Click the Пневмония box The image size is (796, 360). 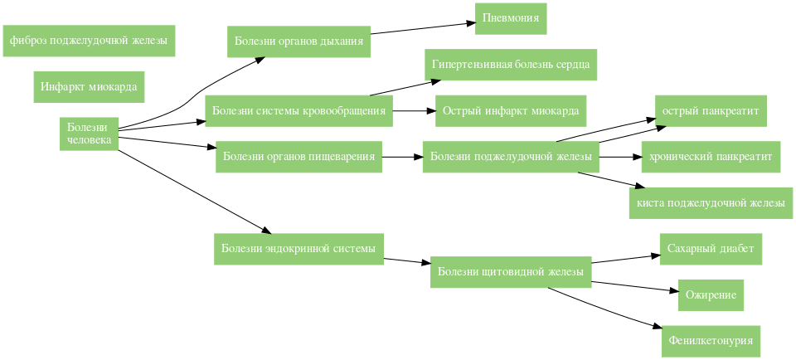[x=511, y=18]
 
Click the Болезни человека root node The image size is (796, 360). [x=88, y=134]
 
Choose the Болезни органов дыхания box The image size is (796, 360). [x=298, y=41]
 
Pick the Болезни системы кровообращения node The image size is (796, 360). [x=298, y=110]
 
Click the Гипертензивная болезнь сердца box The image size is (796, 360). [x=510, y=65]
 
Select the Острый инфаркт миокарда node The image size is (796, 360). [x=510, y=110]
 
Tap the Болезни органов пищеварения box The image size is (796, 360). [x=298, y=156]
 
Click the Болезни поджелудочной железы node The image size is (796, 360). [x=510, y=157]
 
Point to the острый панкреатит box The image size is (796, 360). [x=711, y=110]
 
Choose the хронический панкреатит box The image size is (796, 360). [x=711, y=157]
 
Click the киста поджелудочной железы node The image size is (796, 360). [x=711, y=202]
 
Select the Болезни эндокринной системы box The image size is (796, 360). [x=298, y=248]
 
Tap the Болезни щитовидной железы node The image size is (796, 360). [x=510, y=271]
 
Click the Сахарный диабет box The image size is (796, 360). [x=711, y=248]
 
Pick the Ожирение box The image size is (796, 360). [x=711, y=294]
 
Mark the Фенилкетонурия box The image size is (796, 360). [x=711, y=340]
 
